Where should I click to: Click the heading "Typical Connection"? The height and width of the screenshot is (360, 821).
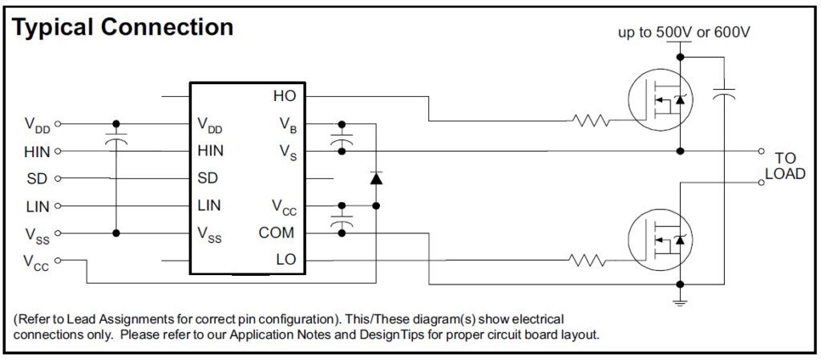pyautogui.click(x=123, y=27)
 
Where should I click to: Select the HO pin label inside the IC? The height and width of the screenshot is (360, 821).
pyautogui.click(x=284, y=96)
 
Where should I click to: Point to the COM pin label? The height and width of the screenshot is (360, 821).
pyautogui.click(x=277, y=233)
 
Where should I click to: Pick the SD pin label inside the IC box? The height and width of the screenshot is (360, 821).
pyautogui.click(x=208, y=178)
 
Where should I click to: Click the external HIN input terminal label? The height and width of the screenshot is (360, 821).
pyautogui.click(x=37, y=151)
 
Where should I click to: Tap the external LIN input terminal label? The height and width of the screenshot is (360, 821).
pyautogui.click(x=38, y=206)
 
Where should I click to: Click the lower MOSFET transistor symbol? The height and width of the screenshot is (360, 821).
pyautogui.click(x=658, y=240)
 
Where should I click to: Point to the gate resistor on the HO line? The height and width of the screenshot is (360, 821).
pyautogui.click(x=592, y=123)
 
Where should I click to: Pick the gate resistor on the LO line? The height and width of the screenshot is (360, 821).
pyautogui.click(x=592, y=261)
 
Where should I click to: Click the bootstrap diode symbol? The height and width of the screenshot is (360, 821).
pyautogui.click(x=375, y=178)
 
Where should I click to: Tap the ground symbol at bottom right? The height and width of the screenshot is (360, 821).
pyautogui.click(x=681, y=302)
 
